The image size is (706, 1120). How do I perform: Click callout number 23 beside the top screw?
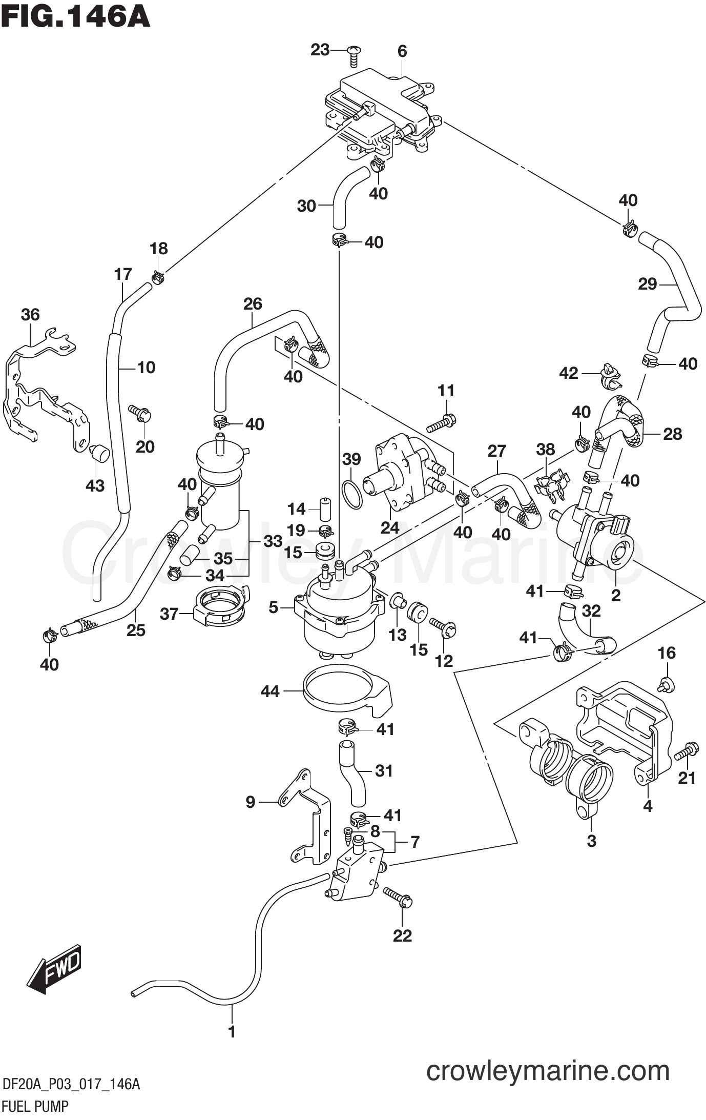(320, 50)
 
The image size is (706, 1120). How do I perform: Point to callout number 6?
(402, 51)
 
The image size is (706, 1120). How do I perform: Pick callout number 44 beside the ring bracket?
(270, 691)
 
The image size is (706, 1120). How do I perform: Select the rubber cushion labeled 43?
(99, 454)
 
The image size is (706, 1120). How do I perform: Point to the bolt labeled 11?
(441, 423)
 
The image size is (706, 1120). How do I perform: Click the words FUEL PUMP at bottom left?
(35, 1106)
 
